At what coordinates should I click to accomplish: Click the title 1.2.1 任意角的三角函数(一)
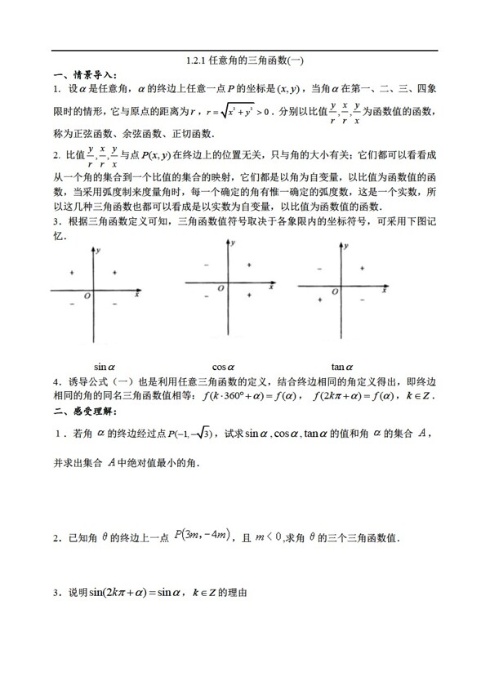click(244, 60)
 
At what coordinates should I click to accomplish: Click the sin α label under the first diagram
click(105, 367)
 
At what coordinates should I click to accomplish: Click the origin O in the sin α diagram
click(86, 299)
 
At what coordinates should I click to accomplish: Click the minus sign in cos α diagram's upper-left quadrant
click(205, 265)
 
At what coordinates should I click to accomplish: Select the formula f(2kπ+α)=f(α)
click(349, 397)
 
